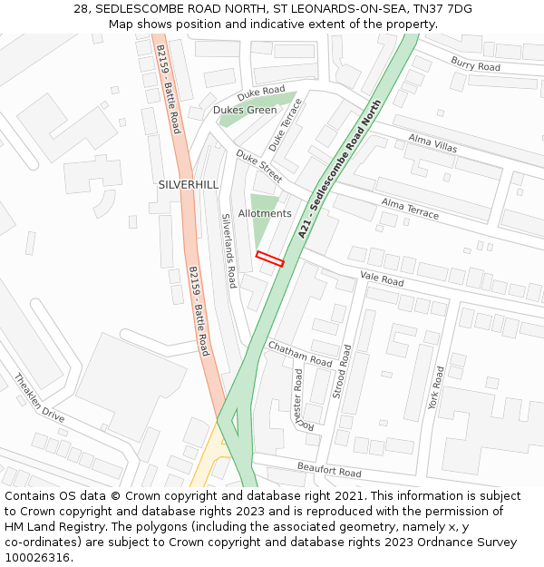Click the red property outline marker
[x=270, y=259]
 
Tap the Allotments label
[x=265, y=214]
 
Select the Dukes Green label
[x=245, y=110]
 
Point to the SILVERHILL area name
[x=189, y=184]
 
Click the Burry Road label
[x=475, y=64]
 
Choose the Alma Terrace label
[x=410, y=209]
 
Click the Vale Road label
[x=382, y=280]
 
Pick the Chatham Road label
[x=300, y=355]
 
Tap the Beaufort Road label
[x=328, y=470]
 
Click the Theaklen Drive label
[x=39, y=399]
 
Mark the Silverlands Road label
[x=229, y=251]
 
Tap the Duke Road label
[x=261, y=93]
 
